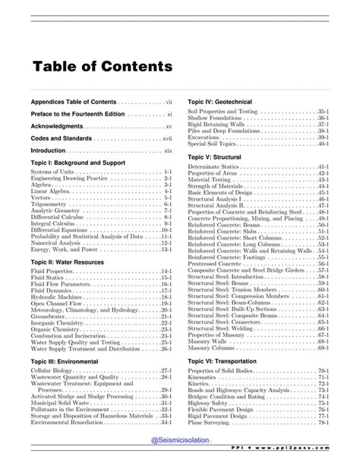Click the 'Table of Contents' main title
click(x=102, y=67)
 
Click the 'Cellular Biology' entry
click(x=52, y=369)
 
